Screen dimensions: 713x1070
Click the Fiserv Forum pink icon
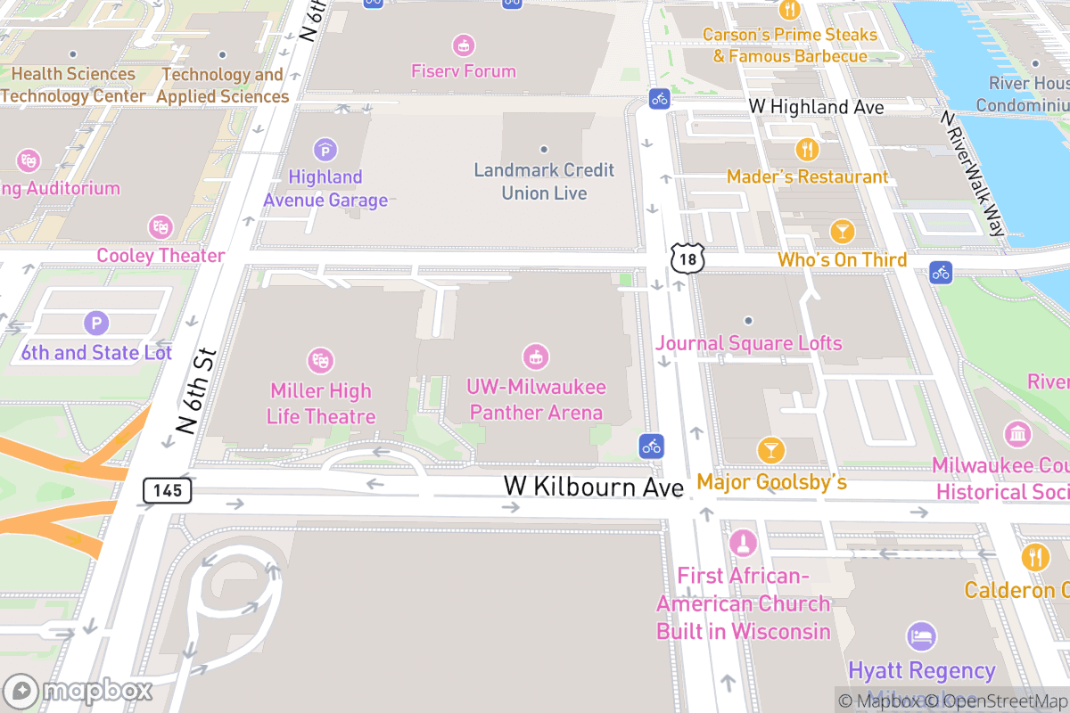click(463, 45)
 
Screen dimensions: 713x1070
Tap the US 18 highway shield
click(687, 258)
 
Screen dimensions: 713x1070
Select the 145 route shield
click(167, 489)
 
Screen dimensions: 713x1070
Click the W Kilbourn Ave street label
click(594, 487)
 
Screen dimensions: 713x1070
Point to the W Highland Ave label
click(816, 107)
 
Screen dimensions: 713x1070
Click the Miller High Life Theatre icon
click(320, 361)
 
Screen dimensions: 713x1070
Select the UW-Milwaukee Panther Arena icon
click(535, 357)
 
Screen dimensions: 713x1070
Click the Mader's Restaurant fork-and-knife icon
click(808, 150)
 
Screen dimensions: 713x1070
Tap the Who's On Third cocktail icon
click(842, 232)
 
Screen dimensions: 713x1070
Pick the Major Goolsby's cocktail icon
click(771, 451)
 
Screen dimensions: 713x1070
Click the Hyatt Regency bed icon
click(921, 636)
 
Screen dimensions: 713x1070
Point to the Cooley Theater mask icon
click(160, 227)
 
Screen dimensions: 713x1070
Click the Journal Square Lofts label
click(749, 343)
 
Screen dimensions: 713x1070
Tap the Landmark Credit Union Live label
click(544, 181)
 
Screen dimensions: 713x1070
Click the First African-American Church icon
click(742, 542)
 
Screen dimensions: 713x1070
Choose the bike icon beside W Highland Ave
click(659, 98)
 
